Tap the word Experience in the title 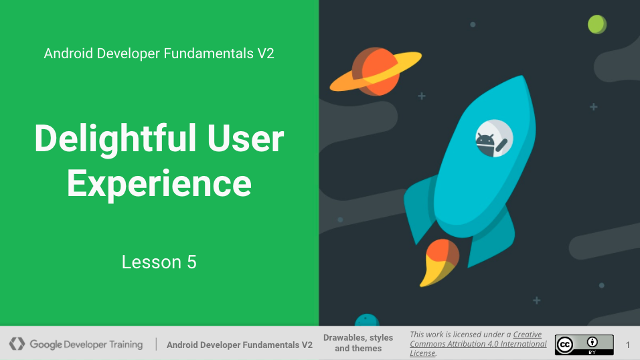(x=159, y=185)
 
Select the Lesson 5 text (x=159, y=262)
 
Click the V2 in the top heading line (x=266, y=54)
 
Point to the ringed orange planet (x=376, y=72)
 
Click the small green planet (x=597, y=24)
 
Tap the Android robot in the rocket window (x=486, y=144)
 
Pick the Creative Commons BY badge (x=584, y=345)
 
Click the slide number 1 (x=628, y=345)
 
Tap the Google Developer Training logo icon (x=17, y=344)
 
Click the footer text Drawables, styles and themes (x=358, y=343)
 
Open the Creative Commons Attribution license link (x=479, y=344)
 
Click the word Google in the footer (x=46, y=345)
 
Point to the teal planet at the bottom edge (x=367, y=320)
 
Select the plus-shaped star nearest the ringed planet (x=422, y=96)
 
